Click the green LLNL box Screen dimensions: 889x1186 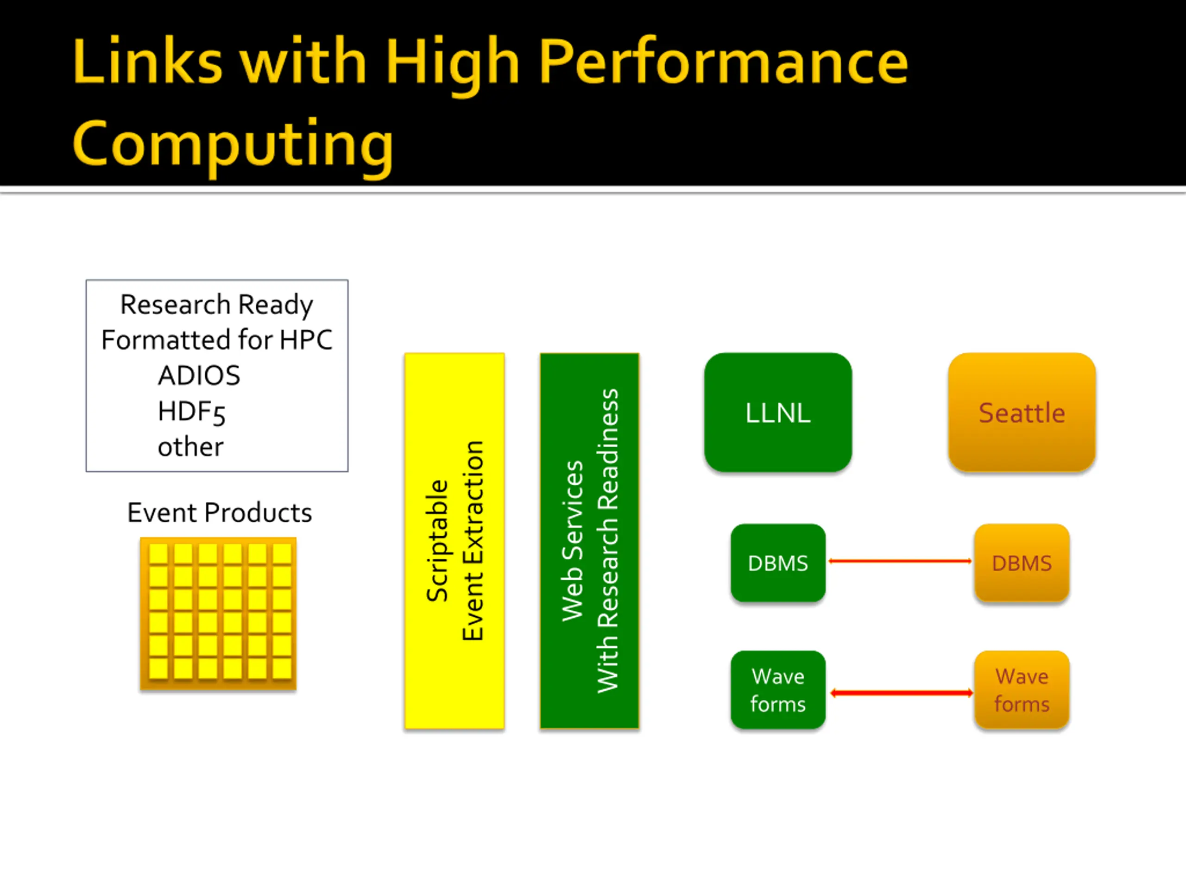point(777,412)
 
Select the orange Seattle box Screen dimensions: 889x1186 point(1022,412)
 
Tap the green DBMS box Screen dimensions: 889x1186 point(777,563)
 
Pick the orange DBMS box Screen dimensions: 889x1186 point(1022,563)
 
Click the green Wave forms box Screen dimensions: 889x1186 point(777,689)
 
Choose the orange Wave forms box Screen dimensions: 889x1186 point(1022,689)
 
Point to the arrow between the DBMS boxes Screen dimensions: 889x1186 point(900,561)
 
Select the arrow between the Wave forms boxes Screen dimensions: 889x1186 point(901,693)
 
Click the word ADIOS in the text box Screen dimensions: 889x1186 point(199,375)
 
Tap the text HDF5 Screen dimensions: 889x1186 point(191,412)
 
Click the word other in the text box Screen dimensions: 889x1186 point(190,447)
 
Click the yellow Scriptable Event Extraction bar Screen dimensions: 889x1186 point(454,541)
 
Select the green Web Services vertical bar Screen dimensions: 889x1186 point(589,541)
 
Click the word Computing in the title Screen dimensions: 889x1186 point(233,144)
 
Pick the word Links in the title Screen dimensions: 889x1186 point(147,62)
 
